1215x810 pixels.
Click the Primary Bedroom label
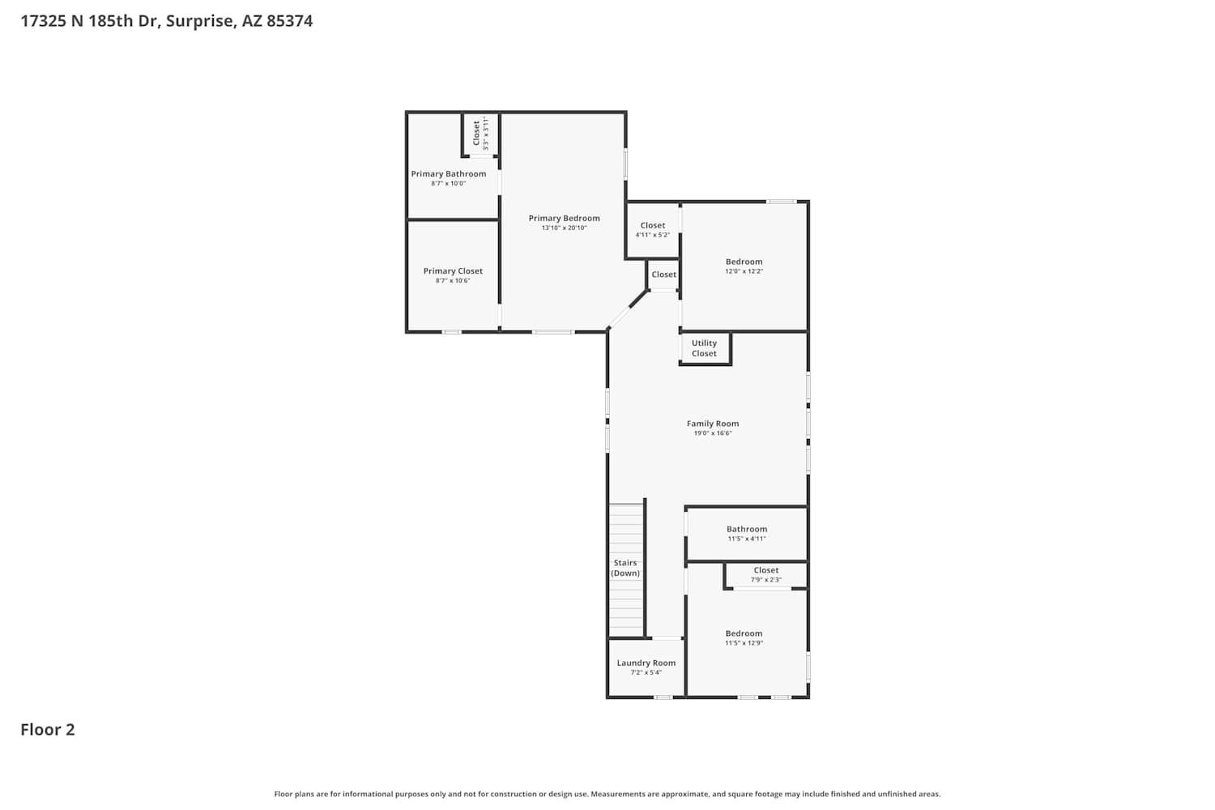pyautogui.click(x=564, y=218)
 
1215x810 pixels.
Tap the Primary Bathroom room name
pyautogui.click(x=449, y=173)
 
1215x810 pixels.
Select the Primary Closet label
pyautogui.click(x=453, y=271)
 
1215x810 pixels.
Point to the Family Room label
pyautogui.click(x=713, y=424)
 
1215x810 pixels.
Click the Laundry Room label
pyautogui.click(x=646, y=663)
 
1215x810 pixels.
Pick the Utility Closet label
pyautogui.click(x=704, y=348)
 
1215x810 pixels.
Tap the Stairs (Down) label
pyautogui.click(x=625, y=568)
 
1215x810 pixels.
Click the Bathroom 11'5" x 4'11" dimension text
pyautogui.click(x=747, y=539)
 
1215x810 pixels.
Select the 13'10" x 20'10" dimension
pyautogui.click(x=564, y=228)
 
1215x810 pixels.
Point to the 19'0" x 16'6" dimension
pyautogui.click(x=713, y=433)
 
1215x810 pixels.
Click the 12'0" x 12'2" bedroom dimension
pyautogui.click(x=744, y=271)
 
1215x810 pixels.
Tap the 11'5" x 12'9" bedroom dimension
pyautogui.click(x=744, y=643)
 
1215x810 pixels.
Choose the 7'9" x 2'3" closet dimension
pyautogui.click(x=766, y=579)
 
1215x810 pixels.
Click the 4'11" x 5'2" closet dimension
pyautogui.click(x=653, y=235)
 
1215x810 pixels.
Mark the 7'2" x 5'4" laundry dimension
pyautogui.click(x=646, y=673)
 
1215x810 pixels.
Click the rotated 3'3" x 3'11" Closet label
pyautogui.click(x=480, y=134)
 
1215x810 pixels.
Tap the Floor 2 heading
pyautogui.click(x=48, y=730)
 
